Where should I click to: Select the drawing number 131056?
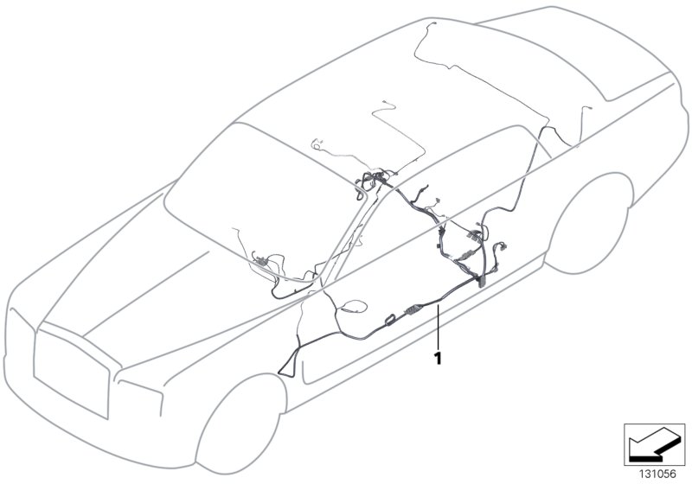[x=657, y=472]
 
